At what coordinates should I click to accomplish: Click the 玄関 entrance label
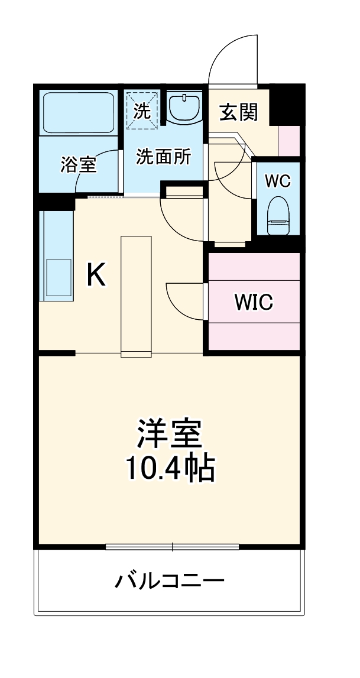coord(239,112)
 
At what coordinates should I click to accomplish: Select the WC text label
coord(277,181)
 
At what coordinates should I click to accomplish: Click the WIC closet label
coord(254,302)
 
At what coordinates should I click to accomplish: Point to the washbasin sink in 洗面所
coord(184,107)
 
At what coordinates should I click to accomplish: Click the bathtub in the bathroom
coord(79,112)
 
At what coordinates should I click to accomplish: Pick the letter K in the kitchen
coord(96,275)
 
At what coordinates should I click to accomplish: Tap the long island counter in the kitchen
coord(137,296)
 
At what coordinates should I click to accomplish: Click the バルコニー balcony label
coord(169,581)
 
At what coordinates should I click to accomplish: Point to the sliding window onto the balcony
coord(172,547)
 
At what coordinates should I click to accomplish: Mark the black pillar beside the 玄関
coord(287,103)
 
